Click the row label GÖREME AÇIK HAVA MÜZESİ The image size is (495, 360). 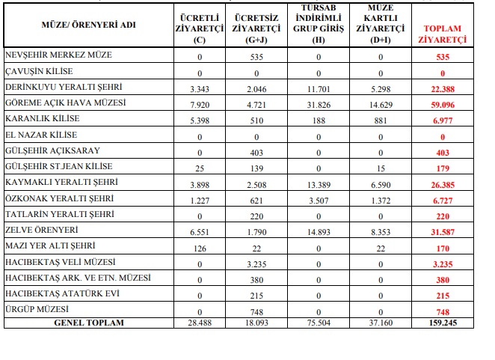point(65,102)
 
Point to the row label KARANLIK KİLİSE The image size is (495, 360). point(42,119)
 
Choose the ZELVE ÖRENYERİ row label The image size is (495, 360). point(44,231)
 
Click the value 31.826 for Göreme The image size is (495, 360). point(319,105)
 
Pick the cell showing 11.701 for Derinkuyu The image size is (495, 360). point(319,89)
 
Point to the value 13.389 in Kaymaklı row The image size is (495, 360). point(319,185)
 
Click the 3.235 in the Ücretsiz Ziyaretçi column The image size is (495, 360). point(255,265)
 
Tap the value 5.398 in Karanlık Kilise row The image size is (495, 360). point(199,120)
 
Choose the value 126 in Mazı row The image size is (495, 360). point(199,249)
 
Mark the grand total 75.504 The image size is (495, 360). point(319,323)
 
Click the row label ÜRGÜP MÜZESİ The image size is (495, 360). point(37,309)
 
